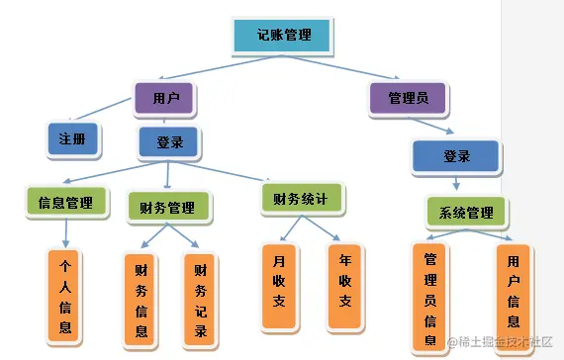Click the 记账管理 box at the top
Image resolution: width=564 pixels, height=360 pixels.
click(283, 36)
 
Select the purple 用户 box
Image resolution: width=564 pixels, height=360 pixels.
click(164, 98)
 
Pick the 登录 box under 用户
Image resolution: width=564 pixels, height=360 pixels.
click(169, 143)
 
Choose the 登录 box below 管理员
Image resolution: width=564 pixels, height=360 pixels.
click(455, 156)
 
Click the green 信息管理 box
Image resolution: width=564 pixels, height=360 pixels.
click(65, 203)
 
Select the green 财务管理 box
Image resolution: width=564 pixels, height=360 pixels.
click(168, 208)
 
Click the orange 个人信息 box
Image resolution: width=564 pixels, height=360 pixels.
click(66, 297)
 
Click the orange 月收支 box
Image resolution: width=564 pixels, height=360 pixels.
click(279, 286)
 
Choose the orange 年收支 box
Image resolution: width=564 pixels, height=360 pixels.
click(345, 286)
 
